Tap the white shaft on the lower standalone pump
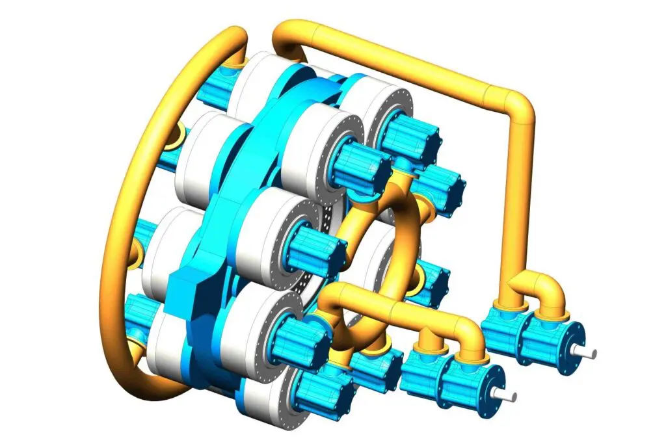click(x=507, y=395)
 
